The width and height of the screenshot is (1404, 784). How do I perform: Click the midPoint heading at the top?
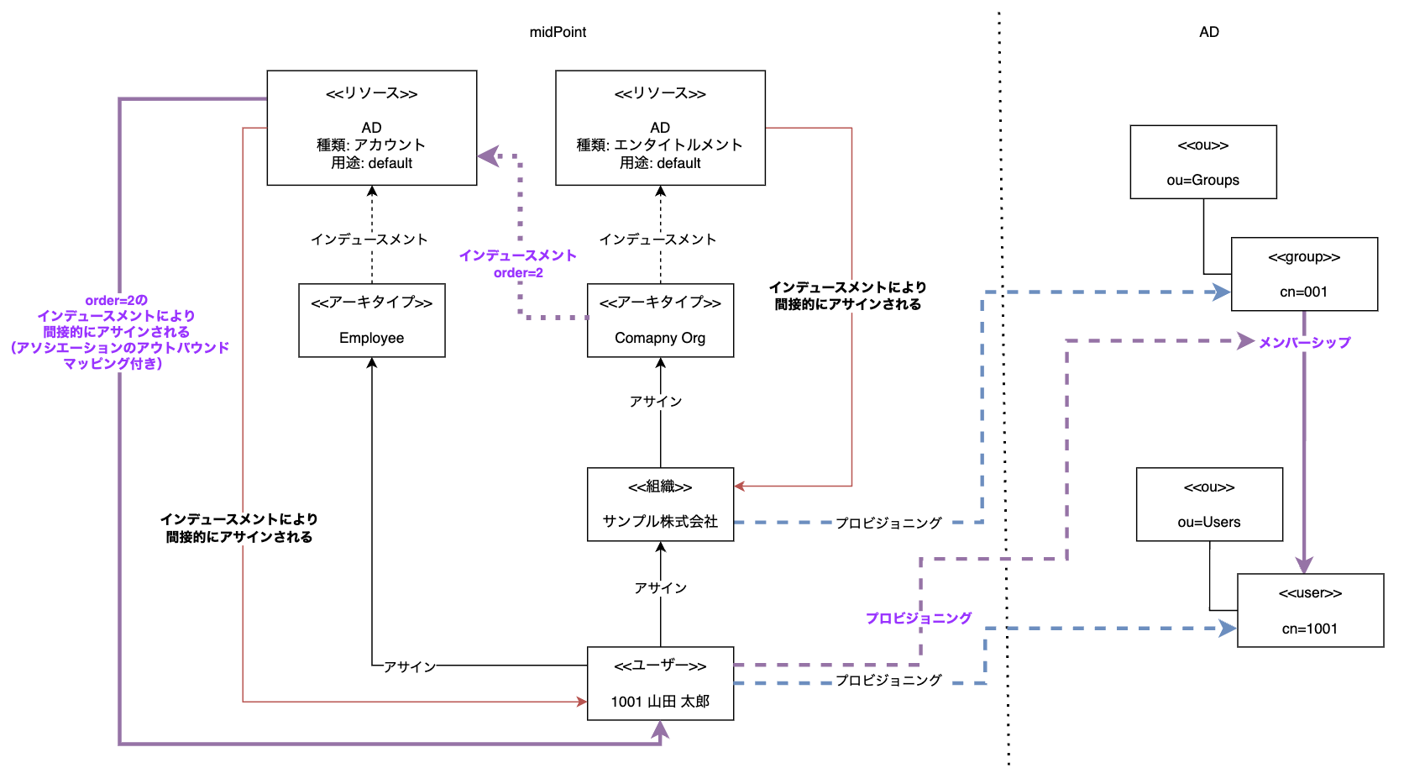pos(558,32)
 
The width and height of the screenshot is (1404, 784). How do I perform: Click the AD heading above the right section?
pos(1208,32)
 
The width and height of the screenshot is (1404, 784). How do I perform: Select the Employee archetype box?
pos(371,320)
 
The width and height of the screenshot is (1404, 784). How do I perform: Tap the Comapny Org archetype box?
pos(660,320)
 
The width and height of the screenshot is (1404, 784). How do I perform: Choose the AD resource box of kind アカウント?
pos(371,128)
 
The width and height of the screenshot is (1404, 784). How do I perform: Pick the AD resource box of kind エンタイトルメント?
pos(660,128)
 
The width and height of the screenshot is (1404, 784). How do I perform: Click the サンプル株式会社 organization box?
pos(660,504)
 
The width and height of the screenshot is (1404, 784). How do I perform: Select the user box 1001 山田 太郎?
pos(660,683)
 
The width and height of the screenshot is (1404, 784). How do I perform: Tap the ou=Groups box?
pos(1202,162)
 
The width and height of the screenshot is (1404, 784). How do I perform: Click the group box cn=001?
pos(1303,274)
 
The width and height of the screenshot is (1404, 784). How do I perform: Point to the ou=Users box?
pos(1208,504)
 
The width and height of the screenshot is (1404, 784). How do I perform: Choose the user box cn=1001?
pos(1309,610)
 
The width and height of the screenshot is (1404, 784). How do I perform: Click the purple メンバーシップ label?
pos(1304,342)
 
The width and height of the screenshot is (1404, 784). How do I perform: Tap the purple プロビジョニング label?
pos(919,618)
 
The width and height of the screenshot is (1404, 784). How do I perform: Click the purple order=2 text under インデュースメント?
pos(518,273)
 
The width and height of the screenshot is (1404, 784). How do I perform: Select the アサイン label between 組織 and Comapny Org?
pos(656,402)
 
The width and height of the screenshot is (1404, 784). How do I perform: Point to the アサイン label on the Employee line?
pos(410,666)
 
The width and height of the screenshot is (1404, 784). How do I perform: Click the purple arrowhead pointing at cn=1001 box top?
pos(1304,565)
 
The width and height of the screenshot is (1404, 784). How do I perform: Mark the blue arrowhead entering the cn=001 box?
pos(1223,292)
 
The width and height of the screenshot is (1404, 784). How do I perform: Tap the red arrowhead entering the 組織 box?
pos(740,486)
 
